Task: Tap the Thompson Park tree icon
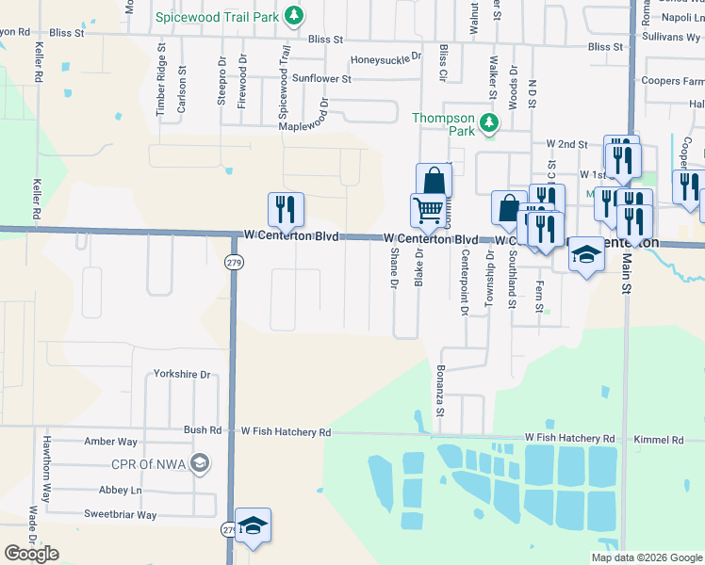(x=489, y=122)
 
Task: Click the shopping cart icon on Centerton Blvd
(x=428, y=209)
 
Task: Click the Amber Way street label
(x=111, y=442)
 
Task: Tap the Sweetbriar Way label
(x=120, y=515)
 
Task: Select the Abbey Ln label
(x=120, y=491)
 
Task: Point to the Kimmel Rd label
(x=659, y=440)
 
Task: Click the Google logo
(x=31, y=554)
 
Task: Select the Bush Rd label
(x=202, y=430)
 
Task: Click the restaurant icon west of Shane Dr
(x=285, y=209)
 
